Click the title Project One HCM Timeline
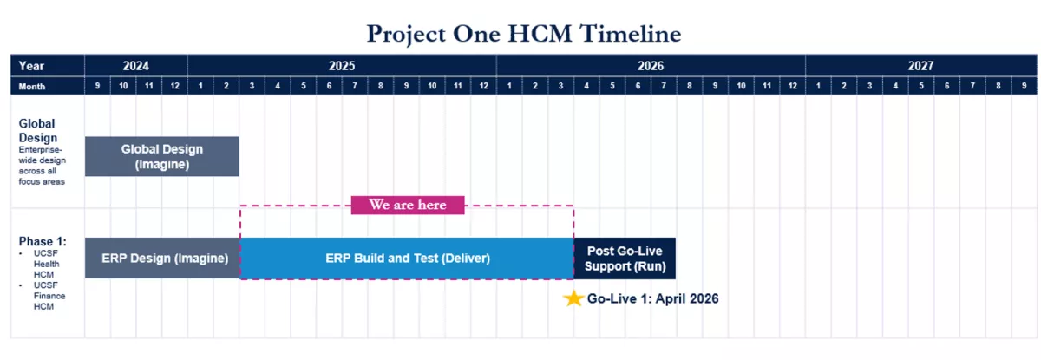[524, 34]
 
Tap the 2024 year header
[135, 66]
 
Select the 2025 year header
[342, 66]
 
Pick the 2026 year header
[651, 66]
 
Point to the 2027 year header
[921, 66]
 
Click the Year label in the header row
[31, 66]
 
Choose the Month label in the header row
[31, 87]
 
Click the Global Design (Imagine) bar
[162, 156]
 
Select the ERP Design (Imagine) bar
[162, 259]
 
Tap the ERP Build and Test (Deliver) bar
[407, 259]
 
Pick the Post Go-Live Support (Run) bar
[625, 259]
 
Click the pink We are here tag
[408, 205]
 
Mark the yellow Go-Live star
[573, 298]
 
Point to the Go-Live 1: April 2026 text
[652, 298]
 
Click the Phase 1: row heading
[43, 241]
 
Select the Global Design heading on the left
[37, 130]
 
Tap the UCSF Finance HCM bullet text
[49, 296]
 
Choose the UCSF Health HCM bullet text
[46, 264]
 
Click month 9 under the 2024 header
[97, 86]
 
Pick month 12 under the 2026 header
[792, 86]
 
